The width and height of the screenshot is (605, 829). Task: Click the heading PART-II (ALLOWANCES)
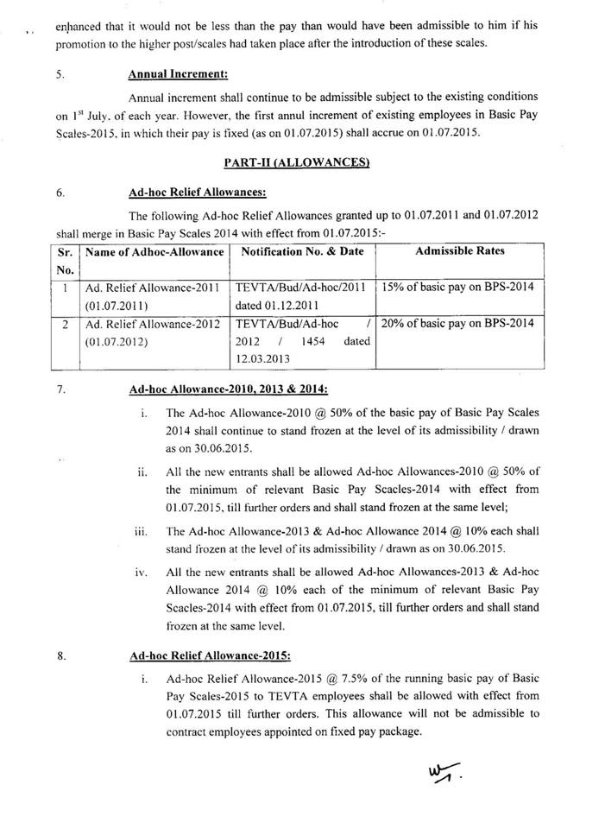pyautogui.click(x=296, y=163)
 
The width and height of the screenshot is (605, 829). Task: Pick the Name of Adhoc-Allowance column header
pyautogui.click(x=154, y=250)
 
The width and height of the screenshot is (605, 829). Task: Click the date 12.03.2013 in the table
pyautogui.click(x=264, y=358)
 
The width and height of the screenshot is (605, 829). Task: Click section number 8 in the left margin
pyautogui.click(x=61, y=656)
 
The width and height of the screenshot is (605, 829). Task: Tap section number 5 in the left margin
pyautogui.click(x=60, y=75)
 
